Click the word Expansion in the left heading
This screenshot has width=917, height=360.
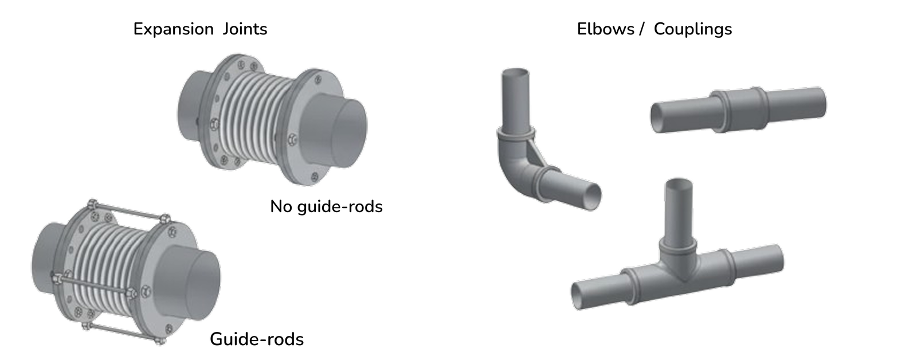[x=173, y=29]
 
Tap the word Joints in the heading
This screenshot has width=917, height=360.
[x=244, y=29]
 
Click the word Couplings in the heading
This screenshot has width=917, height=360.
[x=693, y=29]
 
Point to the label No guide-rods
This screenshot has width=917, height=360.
[x=326, y=206]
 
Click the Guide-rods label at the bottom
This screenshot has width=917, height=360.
[x=257, y=339]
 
